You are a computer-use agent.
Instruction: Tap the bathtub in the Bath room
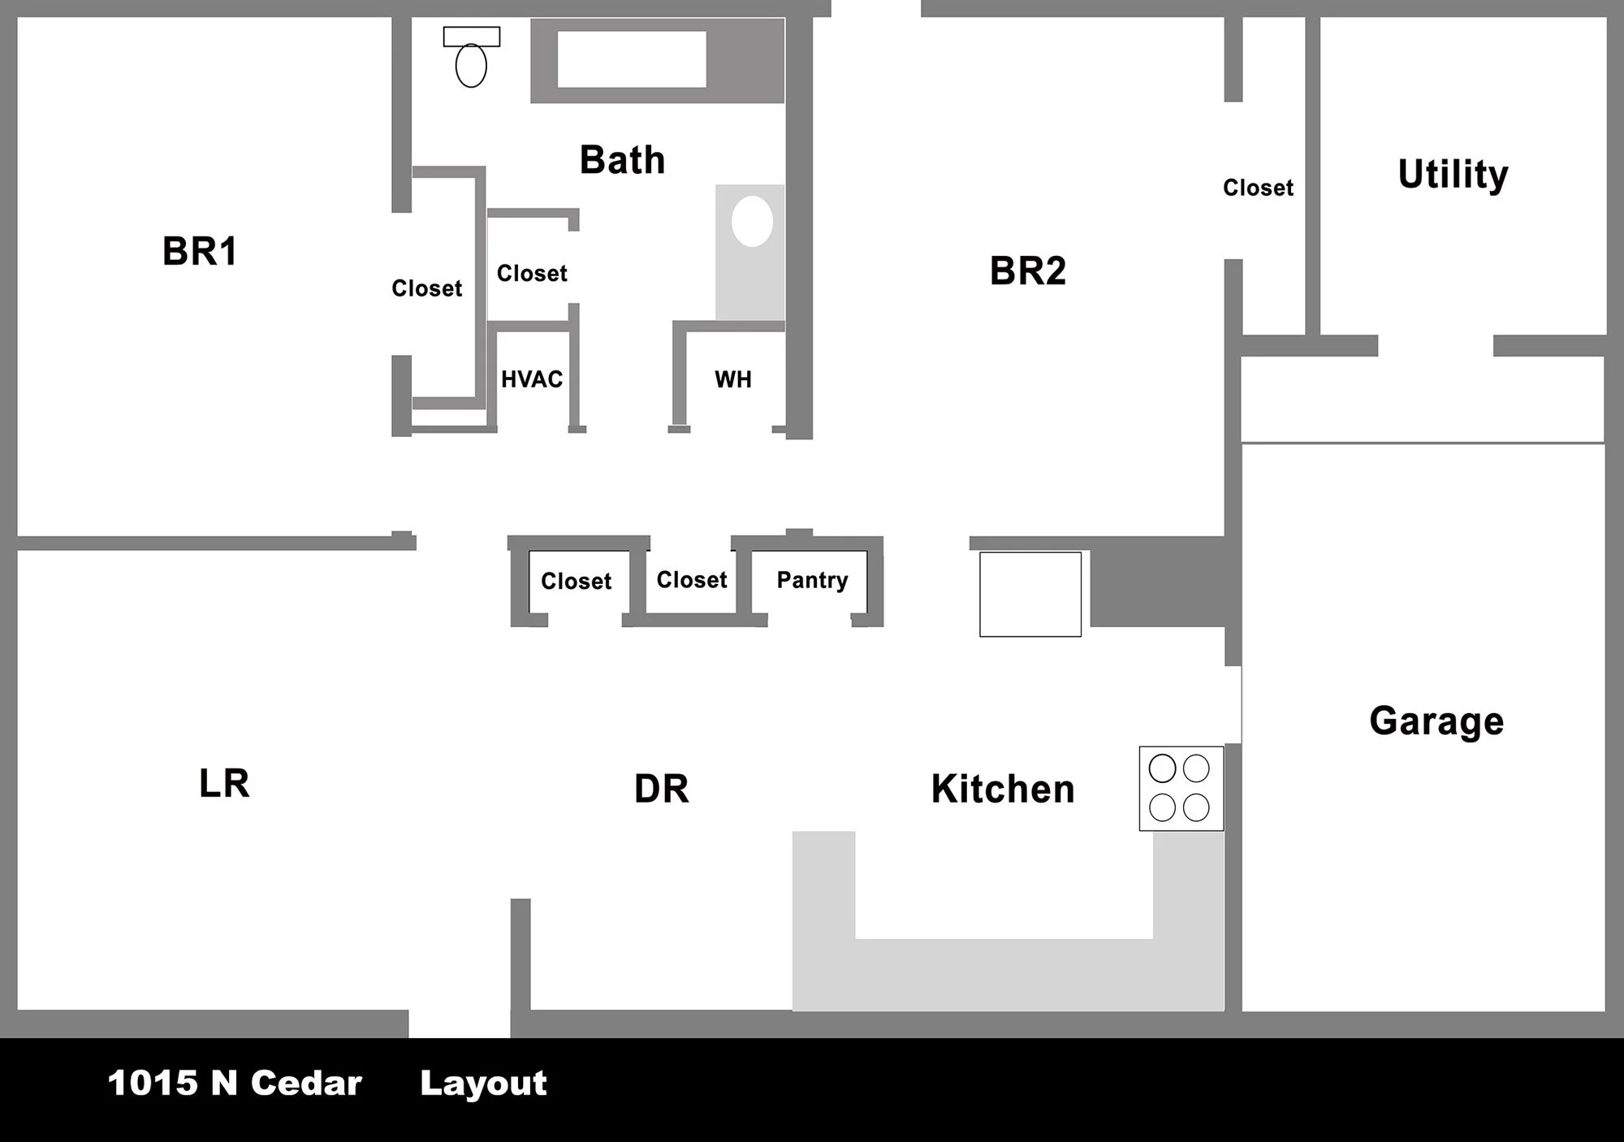point(632,59)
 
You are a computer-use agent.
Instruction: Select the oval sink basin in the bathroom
point(752,221)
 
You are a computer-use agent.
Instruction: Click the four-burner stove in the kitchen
point(1181,788)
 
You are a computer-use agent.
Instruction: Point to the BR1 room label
point(200,251)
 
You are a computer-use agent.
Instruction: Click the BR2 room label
point(1027,270)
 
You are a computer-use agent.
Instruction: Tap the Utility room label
point(1453,174)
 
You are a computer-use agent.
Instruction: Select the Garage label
point(1436,721)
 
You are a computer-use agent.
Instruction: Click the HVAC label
point(532,379)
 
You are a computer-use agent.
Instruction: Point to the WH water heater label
point(732,379)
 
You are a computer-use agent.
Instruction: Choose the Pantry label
point(812,580)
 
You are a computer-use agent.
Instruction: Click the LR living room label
point(224,784)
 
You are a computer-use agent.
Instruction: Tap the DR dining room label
point(661,789)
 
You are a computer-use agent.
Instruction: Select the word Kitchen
point(1003,789)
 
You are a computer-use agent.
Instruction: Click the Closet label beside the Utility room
point(1258,188)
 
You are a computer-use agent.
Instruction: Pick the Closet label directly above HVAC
point(532,273)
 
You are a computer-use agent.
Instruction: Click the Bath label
point(622,160)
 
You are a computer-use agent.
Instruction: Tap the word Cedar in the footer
point(306,1084)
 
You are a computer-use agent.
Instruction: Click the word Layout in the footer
point(483,1084)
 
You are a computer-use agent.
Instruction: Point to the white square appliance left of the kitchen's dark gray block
point(1030,595)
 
